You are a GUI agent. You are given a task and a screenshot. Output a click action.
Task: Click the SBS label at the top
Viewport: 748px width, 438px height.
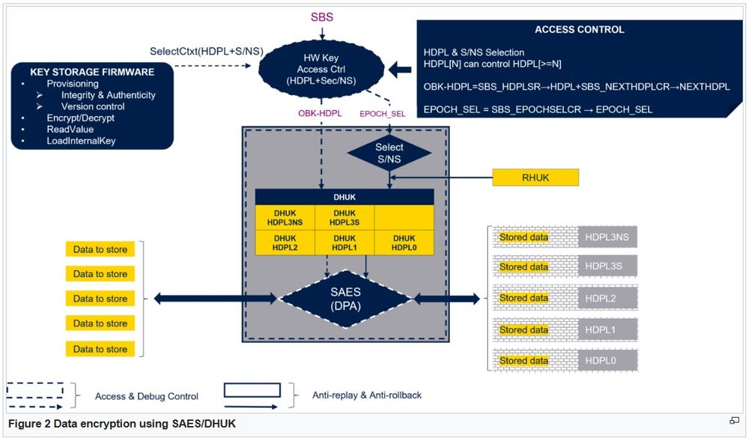322,16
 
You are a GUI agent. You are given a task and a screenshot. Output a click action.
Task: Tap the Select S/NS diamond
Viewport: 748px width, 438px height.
389,152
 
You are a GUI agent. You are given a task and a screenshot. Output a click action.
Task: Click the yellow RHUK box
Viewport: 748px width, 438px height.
535,177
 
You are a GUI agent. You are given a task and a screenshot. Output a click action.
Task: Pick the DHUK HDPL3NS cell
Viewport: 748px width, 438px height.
285,217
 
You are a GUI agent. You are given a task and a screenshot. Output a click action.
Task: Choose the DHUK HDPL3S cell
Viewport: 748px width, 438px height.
344,217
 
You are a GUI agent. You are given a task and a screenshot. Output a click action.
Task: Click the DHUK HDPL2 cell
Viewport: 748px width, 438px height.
285,243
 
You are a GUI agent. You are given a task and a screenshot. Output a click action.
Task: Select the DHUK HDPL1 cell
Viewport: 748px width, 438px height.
344,243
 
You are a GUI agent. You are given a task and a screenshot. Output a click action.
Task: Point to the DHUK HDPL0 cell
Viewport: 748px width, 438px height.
404,243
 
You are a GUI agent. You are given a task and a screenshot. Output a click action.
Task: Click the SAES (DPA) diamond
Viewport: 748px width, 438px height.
345,297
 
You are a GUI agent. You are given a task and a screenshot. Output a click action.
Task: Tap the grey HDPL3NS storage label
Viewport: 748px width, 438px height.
607,237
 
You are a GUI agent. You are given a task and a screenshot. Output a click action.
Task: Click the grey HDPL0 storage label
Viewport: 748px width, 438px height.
607,361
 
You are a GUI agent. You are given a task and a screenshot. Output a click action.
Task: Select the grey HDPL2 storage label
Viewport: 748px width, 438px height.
607,298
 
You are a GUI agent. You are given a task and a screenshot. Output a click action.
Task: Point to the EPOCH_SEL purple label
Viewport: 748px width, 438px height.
383,114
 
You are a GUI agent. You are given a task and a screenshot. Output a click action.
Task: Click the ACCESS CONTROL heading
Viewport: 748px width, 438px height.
579,30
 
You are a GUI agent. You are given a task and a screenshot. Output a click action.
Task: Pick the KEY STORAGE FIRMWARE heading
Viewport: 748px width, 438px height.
92,72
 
